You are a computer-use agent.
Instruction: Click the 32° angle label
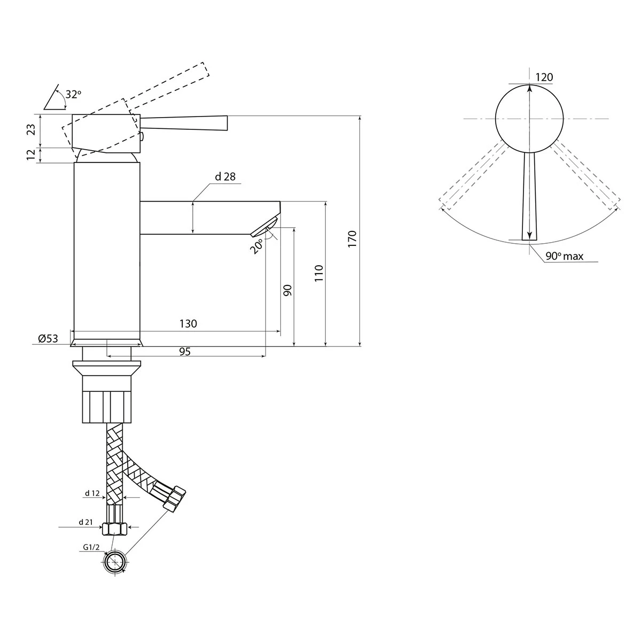[x=73, y=95]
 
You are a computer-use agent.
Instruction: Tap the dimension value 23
[x=31, y=129]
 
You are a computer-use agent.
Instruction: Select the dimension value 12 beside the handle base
[x=31, y=154]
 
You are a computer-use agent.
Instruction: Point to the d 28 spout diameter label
[x=225, y=176]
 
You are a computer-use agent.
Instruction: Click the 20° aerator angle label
[x=257, y=246]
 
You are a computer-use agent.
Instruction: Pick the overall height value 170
[x=352, y=238]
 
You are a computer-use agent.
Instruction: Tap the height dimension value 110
[x=319, y=273]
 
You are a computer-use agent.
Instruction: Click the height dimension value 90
[x=287, y=290]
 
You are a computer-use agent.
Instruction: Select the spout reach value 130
[x=188, y=323]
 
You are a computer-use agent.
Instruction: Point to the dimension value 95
[x=185, y=352]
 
